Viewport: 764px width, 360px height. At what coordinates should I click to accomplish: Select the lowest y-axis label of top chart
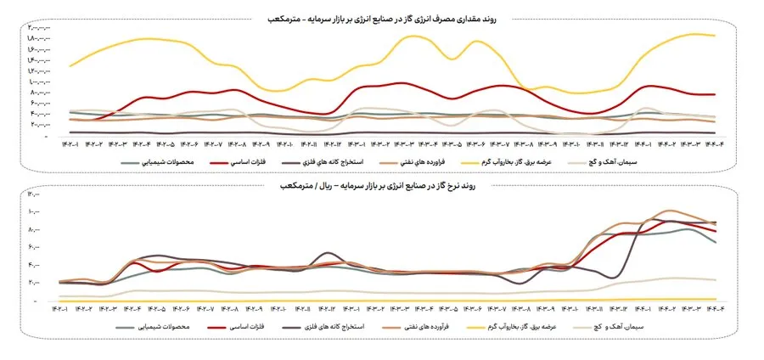[x=34, y=124]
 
